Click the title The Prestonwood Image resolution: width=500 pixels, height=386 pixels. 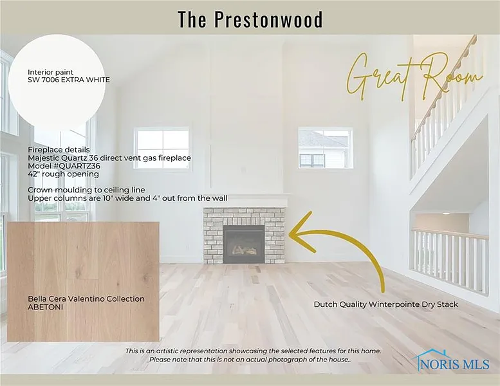point(250,19)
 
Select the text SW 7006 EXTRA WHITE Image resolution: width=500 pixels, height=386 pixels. point(69,80)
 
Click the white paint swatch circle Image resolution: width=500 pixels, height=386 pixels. point(57,82)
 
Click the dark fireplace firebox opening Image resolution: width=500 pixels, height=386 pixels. point(244,244)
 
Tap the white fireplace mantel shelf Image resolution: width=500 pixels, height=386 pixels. point(246,200)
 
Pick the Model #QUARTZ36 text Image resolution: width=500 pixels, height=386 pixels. point(64,166)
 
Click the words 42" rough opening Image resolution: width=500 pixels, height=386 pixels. point(63,174)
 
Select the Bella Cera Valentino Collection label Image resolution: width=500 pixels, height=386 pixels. point(86,299)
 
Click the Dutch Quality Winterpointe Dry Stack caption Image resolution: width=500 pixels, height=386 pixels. point(386,304)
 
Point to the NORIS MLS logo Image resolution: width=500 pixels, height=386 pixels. point(451,360)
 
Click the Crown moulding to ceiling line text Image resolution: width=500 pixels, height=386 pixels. point(86,190)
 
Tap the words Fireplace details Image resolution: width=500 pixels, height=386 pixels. point(59,150)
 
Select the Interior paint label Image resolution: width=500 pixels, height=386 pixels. point(50,72)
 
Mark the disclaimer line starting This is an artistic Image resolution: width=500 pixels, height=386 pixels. point(253,351)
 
